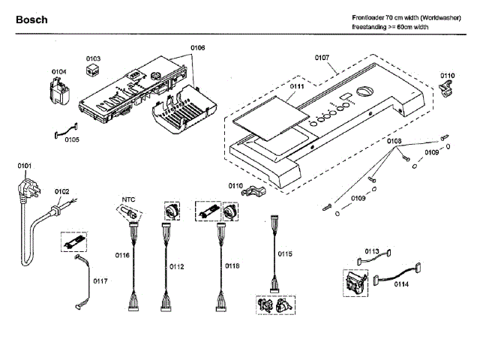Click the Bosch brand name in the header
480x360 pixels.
[31, 20]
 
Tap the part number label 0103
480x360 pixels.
[93, 58]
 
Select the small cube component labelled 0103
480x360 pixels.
[92, 70]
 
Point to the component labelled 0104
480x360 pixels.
[58, 91]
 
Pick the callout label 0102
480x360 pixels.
[61, 192]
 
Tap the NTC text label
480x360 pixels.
[128, 199]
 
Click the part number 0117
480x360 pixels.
[100, 281]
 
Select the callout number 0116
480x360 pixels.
[122, 255]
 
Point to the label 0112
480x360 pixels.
[177, 267]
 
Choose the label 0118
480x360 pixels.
[232, 266]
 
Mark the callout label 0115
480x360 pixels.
[285, 253]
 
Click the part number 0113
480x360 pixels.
[372, 251]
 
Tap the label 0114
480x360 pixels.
[401, 284]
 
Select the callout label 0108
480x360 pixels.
[394, 141]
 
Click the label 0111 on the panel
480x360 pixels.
[297, 86]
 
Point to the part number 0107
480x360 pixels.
[322, 58]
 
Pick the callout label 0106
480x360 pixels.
[198, 48]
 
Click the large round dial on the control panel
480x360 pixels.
[365, 91]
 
